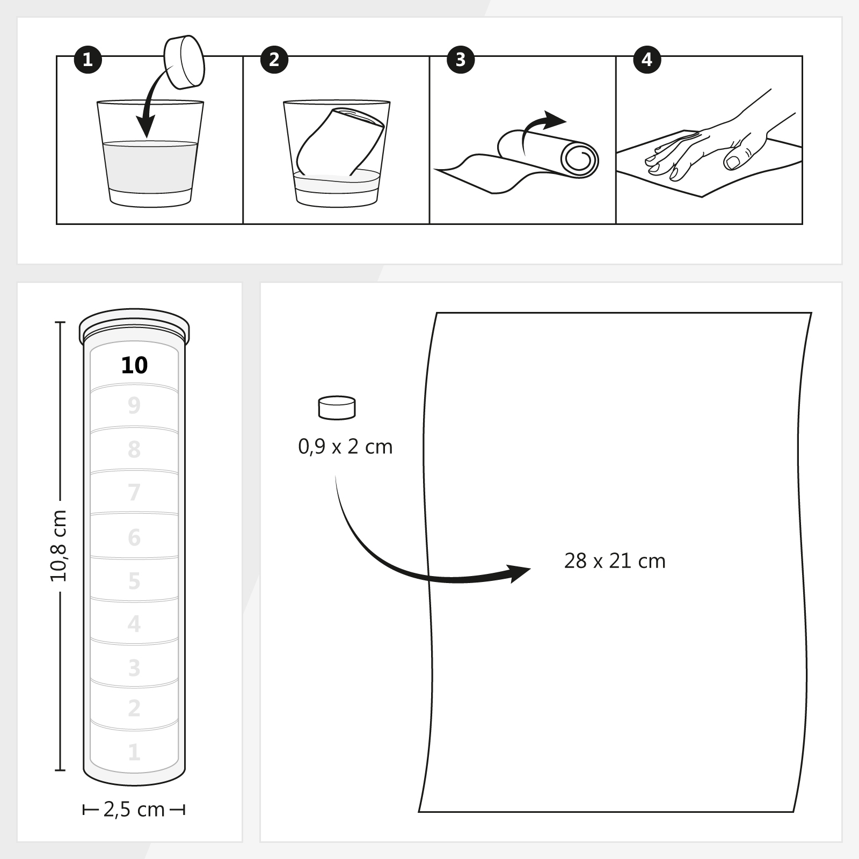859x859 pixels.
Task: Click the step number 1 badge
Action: pos(88,59)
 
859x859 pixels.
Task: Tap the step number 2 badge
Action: pos(274,59)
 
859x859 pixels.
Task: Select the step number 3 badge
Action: pos(461,59)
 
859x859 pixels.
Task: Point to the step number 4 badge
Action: pos(647,59)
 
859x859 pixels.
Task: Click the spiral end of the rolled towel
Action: pos(579,159)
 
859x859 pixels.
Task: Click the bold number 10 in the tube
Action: pos(134,366)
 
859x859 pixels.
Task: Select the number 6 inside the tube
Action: pos(134,537)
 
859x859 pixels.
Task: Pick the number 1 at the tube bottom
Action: pos(134,752)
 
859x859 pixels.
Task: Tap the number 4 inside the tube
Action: pos(134,624)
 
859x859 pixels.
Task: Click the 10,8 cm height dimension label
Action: pos(59,546)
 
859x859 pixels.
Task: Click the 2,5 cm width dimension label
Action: pos(134,810)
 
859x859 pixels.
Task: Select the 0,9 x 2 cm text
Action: pos(345,447)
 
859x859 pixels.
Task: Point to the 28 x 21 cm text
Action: pos(615,561)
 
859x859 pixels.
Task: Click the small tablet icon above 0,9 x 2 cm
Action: pos(337,407)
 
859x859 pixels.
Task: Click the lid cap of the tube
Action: pos(134,325)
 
